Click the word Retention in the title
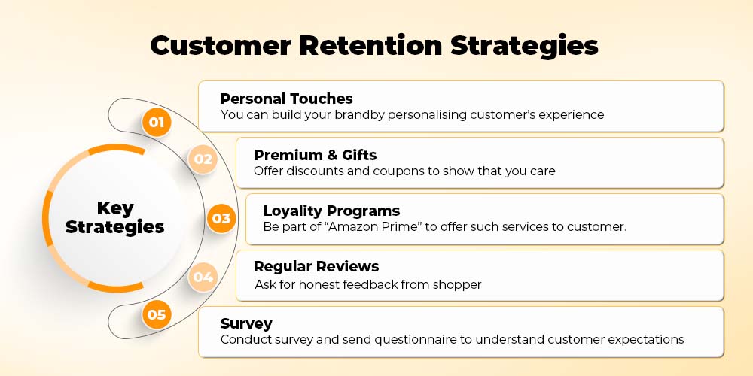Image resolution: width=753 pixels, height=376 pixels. pyautogui.click(x=370, y=46)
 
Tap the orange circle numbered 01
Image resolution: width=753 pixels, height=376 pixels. pyautogui.click(x=157, y=123)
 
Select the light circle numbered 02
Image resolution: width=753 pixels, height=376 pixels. pyautogui.click(x=203, y=159)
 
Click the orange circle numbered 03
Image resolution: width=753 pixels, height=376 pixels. pyautogui.click(x=221, y=219)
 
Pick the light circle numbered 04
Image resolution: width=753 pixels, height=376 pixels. pyautogui.click(x=203, y=277)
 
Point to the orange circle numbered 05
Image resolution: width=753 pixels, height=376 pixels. pyautogui.click(x=157, y=314)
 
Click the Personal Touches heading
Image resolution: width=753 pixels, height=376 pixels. pyautogui.click(x=286, y=99)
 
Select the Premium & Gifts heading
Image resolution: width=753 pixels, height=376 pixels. pyautogui.click(x=315, y=155)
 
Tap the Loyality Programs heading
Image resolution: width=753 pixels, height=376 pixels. pyautogui.click(x=331, y=211)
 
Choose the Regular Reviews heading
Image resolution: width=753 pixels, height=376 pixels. pyautogui.click(x=316, y=266)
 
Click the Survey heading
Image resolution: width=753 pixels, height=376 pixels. pyautogui.click(x=246, y=323)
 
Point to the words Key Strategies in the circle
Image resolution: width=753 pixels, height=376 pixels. pyautogui.click(x=114, y=218)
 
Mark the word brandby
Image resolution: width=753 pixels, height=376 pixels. pyautogui.click(x=356, y=115)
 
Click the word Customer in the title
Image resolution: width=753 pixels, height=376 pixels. pyautogui.click(x=221, y=46)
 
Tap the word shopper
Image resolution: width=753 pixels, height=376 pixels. pyautogui.click(x=457, y=284)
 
